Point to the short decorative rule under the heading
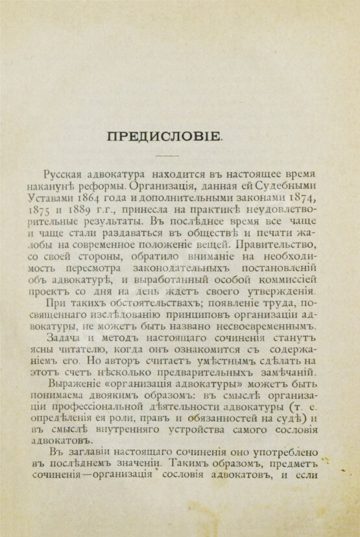(x=168, y=156)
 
